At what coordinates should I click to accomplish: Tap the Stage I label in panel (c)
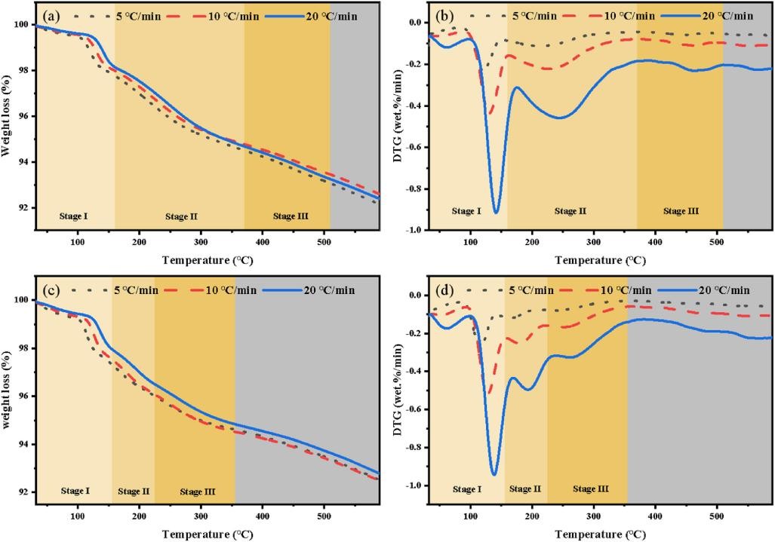click(74, 491)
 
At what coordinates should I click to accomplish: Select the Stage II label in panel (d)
click(525, 489)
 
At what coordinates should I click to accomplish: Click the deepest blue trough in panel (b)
click(496, 213)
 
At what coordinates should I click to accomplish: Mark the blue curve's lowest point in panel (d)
click(494, 474)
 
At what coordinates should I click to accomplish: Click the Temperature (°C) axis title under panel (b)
click(600, 261)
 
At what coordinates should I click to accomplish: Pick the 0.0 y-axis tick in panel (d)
click(417, 295)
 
